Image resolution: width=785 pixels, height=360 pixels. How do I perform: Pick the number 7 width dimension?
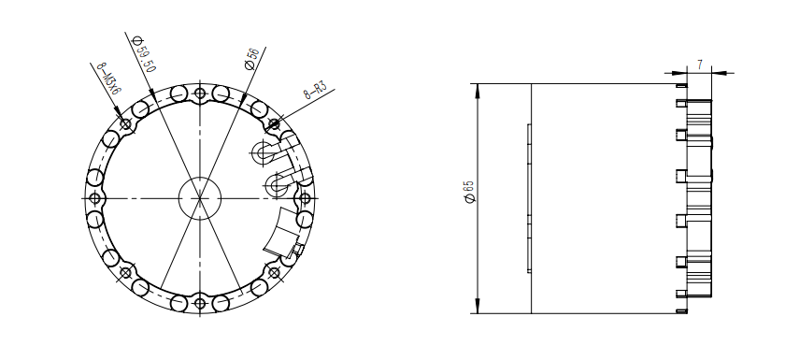tap(699, 65)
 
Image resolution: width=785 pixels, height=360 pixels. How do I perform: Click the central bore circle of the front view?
tap(199, 197)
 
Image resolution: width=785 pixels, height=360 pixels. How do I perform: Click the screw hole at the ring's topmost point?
tap(199, 93)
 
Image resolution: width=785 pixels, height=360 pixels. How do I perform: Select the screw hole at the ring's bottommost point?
tap(199, 303)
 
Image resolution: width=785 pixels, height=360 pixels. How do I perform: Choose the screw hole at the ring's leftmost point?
tap(93, 197)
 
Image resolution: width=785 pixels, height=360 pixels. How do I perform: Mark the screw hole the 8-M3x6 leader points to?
tap(125, 123)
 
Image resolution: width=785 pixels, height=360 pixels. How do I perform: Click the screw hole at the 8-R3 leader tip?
tap(274, 123)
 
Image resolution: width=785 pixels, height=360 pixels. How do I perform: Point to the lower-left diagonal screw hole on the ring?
tap(125, 272)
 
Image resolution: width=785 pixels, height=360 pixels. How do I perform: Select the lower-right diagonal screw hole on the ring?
tap(274, 272)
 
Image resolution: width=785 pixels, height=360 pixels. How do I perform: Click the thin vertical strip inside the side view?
tap(529, 197)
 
